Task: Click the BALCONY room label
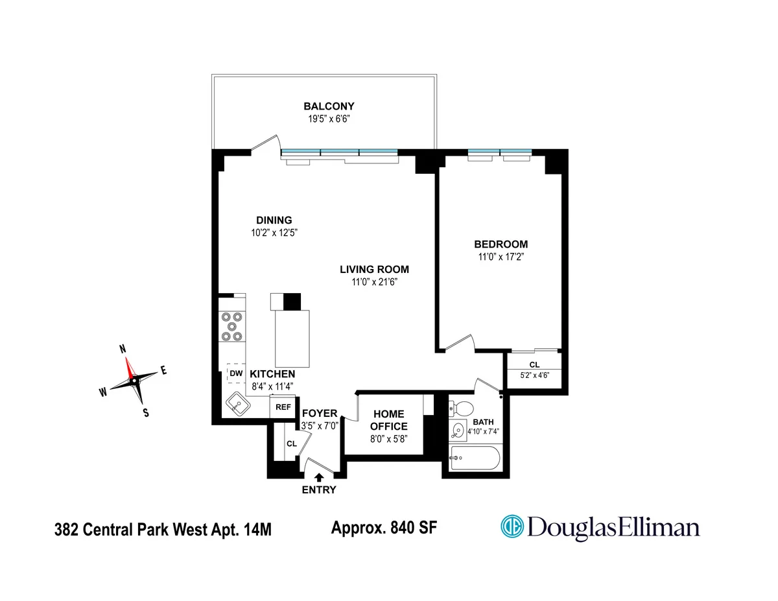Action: coord(329,106)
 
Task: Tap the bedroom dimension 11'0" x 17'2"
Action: coord(501,256)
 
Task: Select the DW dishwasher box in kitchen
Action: coord(235,374)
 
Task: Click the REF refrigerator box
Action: coord(283,407)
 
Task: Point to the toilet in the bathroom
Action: coord(462,409)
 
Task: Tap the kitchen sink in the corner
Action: coord(239,407)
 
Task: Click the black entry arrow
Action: coord(318,478)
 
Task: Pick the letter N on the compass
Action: coord(123,348)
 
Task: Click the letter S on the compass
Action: coord(146,412)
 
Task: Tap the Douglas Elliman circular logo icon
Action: coord(512,526)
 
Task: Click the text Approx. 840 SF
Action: coord(384,528)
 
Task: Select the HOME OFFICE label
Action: coord(388,420)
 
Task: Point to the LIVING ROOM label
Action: coord(375,270)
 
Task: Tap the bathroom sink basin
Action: coord(459,429)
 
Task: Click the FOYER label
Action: coord(319,414)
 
